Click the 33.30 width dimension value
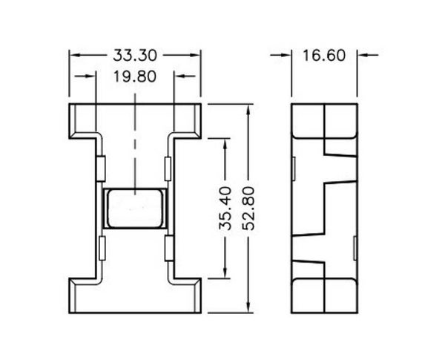(x=135, y=55)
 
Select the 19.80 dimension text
(x=135, y=76)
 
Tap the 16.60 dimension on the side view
(x=324, y=55)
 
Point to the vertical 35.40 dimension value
(x=225, y=208)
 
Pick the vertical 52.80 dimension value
(x=249, y=208)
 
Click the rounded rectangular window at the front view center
(x=135, y=209)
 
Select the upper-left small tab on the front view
(x=101, y=168)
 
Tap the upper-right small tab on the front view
(x=168, y=168)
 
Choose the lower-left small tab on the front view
(x=102, y=248)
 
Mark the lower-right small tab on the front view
(x=169, y=248)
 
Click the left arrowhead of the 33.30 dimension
(x=75, y=55)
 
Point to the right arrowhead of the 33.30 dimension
(x=195, y=55)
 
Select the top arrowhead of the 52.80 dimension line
(x=248, y=110)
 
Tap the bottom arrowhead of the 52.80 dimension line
(x=248, y=307)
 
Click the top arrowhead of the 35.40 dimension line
(x=225, y=144)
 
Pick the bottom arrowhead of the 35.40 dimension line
(x=225, y=273)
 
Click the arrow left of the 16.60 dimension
(x=281, y=55)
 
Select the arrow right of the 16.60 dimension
(x=368, y=55)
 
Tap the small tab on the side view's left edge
(x=294, y=168)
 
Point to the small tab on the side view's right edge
(x=355, y=248)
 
